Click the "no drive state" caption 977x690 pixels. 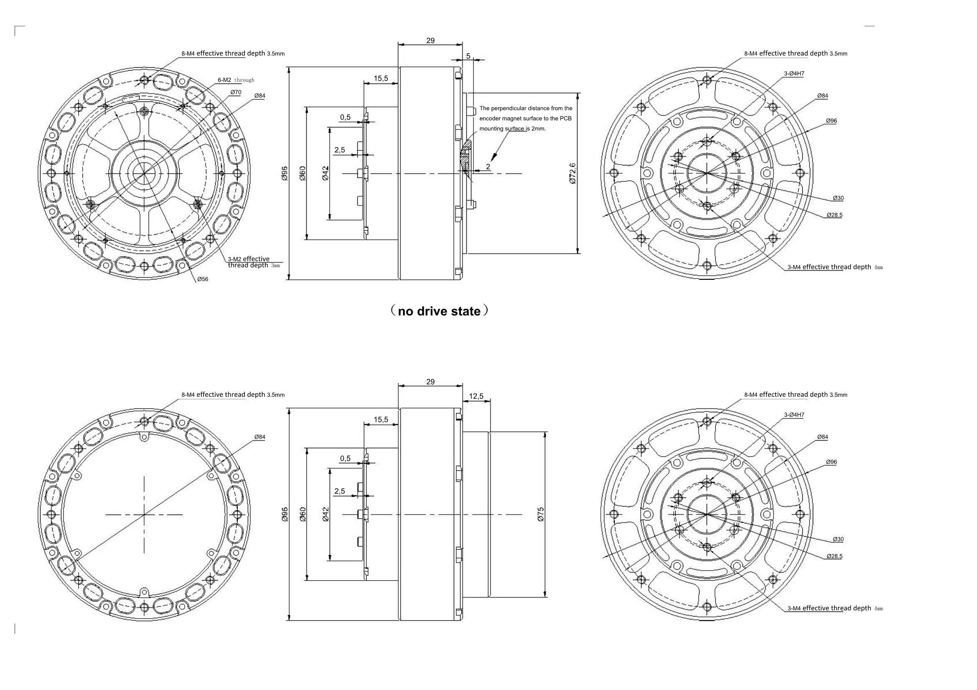coord(439,312)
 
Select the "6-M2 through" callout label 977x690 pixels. coord(236,80)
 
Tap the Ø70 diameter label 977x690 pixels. coord(236,92)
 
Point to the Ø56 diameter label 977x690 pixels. coord(203,279)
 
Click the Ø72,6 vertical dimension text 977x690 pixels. coord(572,173)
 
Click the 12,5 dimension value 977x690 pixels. coord(476,396)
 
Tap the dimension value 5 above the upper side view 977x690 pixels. coord(468,56)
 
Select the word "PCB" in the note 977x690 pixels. coord(565,118)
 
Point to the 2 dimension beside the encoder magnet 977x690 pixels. coord(488,167)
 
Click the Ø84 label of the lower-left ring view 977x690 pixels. coord(260,437)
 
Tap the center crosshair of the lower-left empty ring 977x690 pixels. coord(144,515)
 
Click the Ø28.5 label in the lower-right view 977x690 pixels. coord(835,556)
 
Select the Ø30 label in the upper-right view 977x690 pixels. coord(838,198)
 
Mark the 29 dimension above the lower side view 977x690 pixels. coord(430,382)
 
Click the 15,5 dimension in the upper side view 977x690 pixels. coord(381,79)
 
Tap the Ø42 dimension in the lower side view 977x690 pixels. coord(326,514)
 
